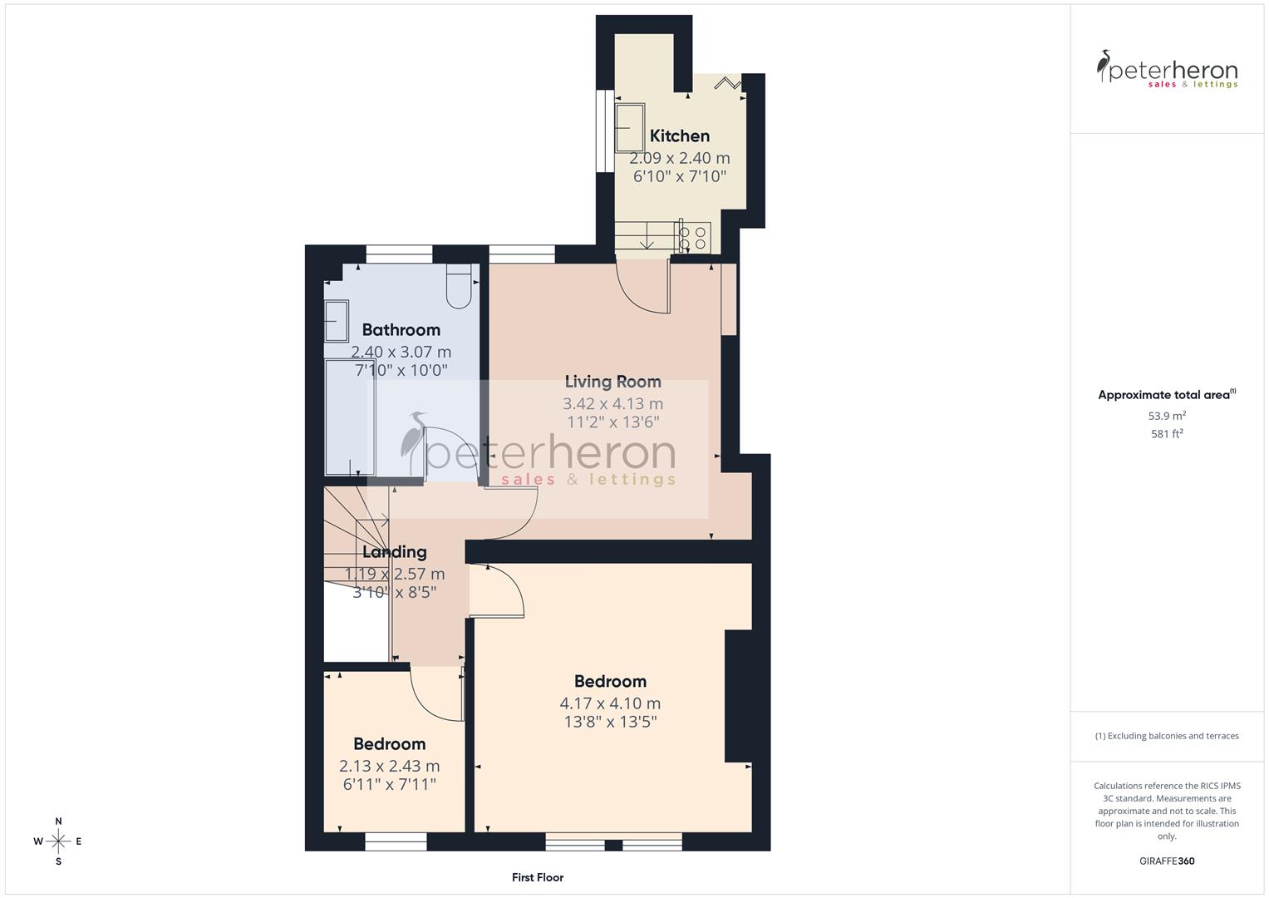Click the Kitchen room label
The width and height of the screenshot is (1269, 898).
[679, 136]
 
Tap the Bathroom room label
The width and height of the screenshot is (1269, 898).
[401, 329]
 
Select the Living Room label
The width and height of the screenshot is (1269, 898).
[612, 382]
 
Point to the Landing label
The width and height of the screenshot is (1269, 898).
[395, 551]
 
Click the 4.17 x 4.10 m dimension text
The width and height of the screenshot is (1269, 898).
[610, 703]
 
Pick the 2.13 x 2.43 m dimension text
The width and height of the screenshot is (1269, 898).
[389, 766]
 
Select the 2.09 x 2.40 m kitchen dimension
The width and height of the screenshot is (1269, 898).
[679, 158]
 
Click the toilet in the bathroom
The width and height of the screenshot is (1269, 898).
[459, 286]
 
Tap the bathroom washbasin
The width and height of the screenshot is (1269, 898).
[337, 321]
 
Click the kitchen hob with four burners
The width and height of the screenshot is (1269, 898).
[694, 236]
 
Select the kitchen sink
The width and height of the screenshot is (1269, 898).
[630, 127]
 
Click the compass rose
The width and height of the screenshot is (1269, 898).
[58, 841]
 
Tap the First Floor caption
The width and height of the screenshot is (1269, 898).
[537, 877]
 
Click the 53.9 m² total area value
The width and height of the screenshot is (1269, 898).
[1167, 416]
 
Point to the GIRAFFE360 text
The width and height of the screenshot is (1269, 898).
[1166, 861]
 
